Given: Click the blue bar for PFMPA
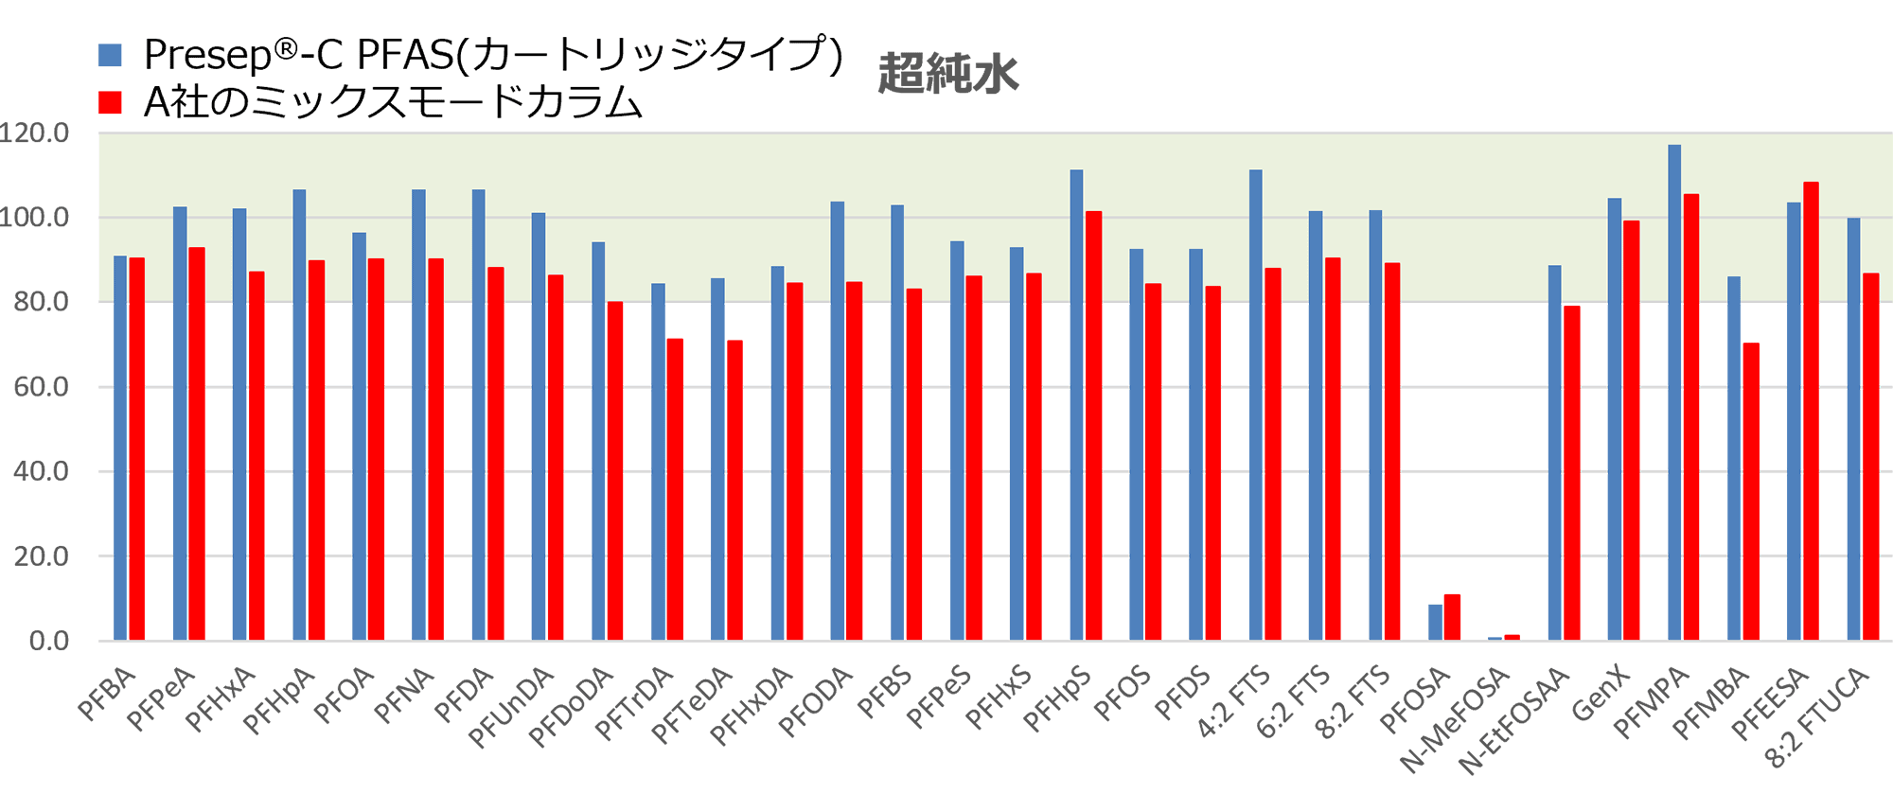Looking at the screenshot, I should pyautogui.click(x=1674, y=393).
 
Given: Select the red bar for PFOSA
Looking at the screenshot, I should pyautogui.click(x=1452, y=618).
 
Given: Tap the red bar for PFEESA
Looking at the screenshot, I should pyautogui.click(x=1811, y=411).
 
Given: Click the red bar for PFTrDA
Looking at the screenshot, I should pyautogui.click(x=675, y=489).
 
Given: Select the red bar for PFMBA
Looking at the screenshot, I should pyautogui.click(x=1751, y=491).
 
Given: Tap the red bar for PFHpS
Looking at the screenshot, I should pyautogui.click(x=1093, y=426).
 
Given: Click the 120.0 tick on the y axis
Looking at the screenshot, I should pyautogui.click(x=35, y=132).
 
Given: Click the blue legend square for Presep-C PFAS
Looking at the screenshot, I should pyautogui.click(x=110, y=55).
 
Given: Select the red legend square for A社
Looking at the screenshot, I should pyautogui.click(x=110, y=102).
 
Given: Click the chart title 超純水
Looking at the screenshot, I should pyautogui.click(x=948, y=74).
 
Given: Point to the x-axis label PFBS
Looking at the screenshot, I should pyautogui.click(x=884, y=695).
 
